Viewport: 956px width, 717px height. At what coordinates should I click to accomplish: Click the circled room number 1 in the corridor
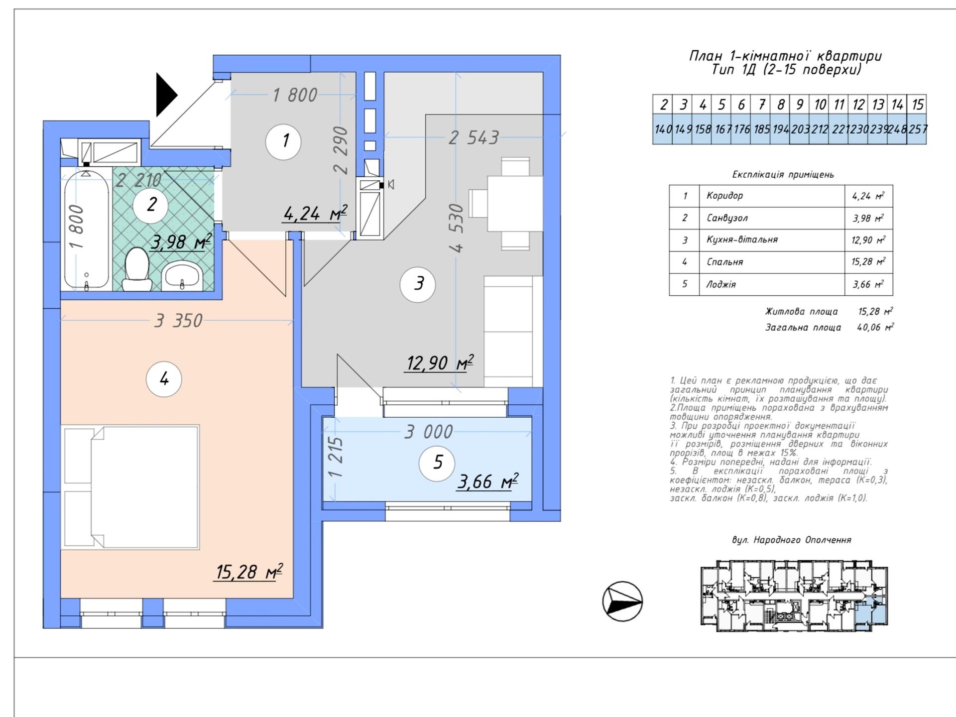(x=283, y=141)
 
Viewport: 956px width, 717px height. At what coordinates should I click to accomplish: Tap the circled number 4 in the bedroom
(x=164, y=379)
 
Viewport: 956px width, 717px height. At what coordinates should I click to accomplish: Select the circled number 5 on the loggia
(x=437, y=463)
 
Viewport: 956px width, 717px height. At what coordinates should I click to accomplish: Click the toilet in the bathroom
(x=136, y=269)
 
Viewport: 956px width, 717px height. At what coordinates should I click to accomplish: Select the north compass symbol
(x=622, y=601)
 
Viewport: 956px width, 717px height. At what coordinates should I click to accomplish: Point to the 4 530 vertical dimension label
(x=456, y=228)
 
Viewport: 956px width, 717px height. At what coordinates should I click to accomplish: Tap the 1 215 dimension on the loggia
(x=336, y=457)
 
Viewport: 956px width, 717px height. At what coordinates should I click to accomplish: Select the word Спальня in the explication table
(x=724, y=262)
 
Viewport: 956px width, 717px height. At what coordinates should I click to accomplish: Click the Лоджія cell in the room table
(x=721, y=284)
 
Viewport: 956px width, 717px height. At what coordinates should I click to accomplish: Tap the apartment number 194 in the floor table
(x=780, y=129)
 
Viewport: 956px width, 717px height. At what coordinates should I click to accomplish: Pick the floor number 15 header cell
(x=917, y=105)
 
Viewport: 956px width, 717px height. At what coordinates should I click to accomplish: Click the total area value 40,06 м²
(x=875, y=327)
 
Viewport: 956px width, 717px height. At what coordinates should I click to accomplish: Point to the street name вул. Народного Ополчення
(x=792, y=540)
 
